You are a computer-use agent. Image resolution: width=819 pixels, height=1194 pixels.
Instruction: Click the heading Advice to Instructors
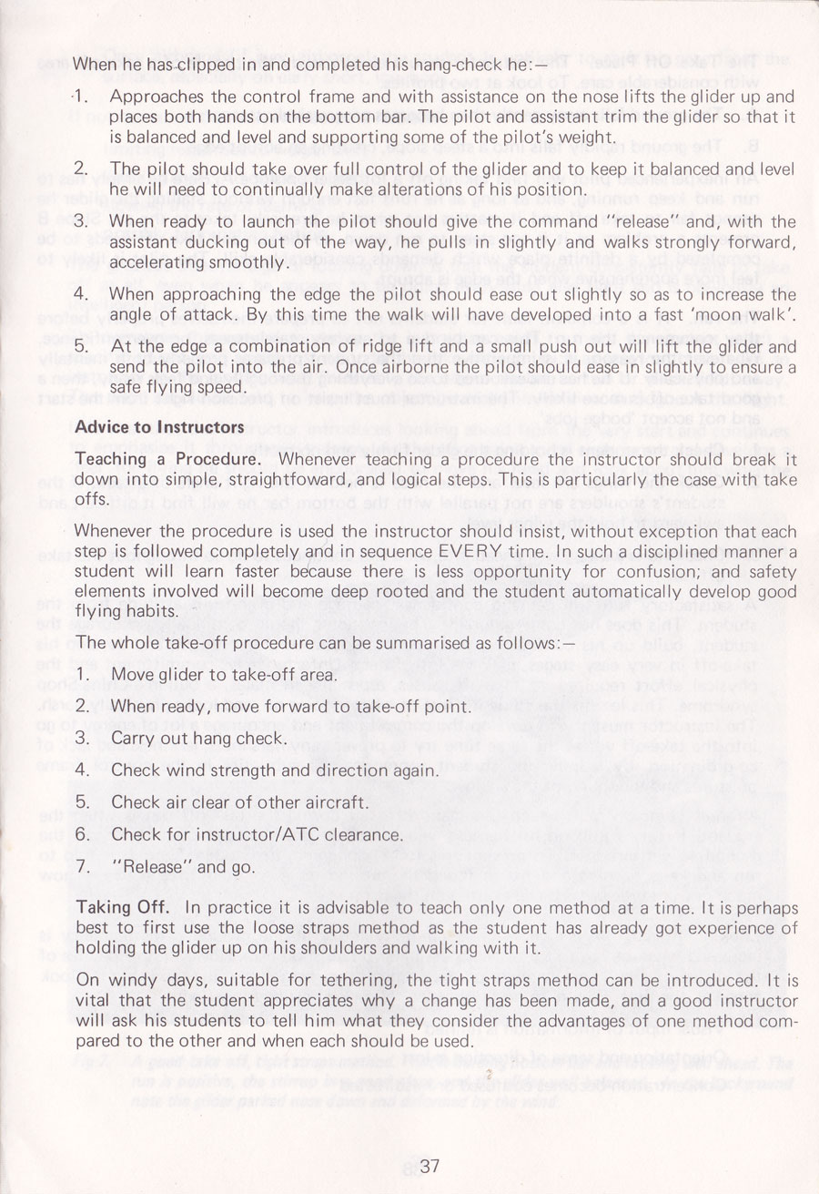[x=159, y=427]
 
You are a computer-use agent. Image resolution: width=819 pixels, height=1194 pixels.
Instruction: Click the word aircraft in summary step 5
[x=336, y=803]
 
